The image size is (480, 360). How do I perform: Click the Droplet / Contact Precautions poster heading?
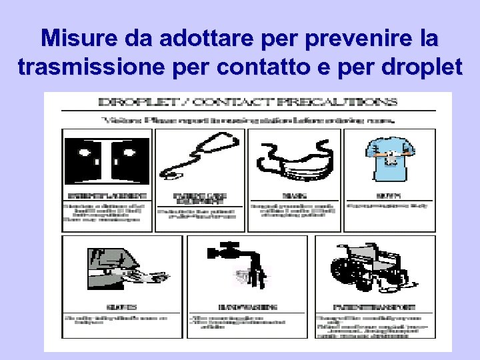247,103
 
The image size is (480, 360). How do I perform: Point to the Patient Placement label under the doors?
107,196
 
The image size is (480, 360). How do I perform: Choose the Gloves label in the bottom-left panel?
121,307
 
